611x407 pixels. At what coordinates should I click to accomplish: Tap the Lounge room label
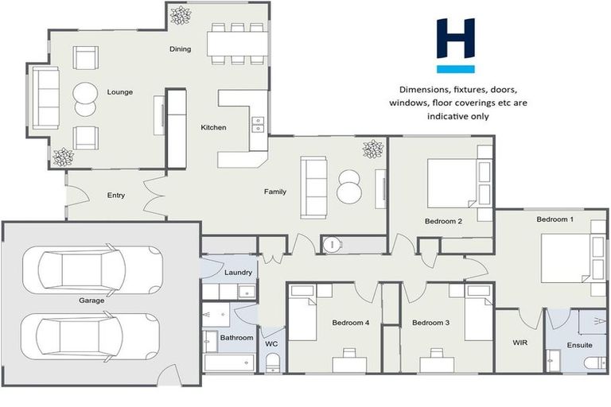(119, 92)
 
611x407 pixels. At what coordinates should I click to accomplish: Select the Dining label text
(181, 49)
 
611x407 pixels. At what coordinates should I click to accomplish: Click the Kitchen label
(213, 127)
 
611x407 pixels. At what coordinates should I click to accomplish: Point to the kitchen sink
(258, 124)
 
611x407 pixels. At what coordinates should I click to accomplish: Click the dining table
(235, 43)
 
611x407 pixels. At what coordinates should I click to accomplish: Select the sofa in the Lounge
(45, 98)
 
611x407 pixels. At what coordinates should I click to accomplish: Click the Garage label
(91, 301)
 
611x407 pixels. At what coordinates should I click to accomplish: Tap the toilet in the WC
(273, 363)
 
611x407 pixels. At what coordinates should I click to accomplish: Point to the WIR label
(520, 343)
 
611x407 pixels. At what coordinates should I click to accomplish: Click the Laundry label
(238, 273)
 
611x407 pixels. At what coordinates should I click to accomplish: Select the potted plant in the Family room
(372, 149)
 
